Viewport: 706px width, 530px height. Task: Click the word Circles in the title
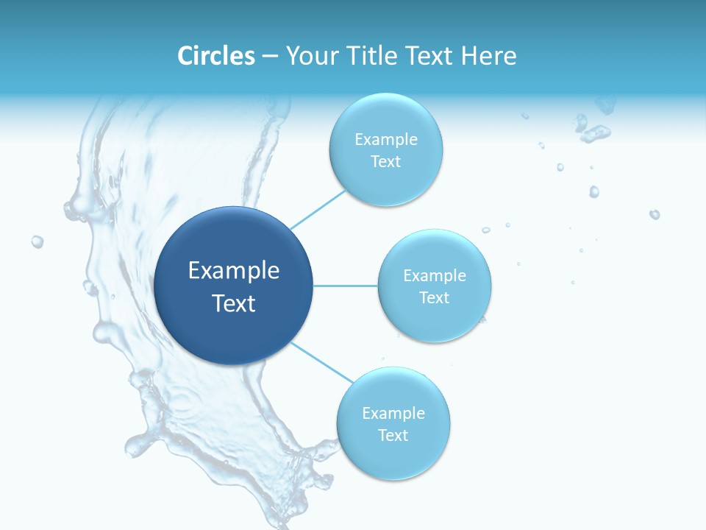click(x=215, y=56)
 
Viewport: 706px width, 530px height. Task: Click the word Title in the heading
click(x=363, y=56)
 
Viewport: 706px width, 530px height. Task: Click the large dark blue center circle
click(x=234, y=286)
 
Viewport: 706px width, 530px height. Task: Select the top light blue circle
click(x=385, y=149)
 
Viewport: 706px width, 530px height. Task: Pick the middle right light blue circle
click(x=435, y=286)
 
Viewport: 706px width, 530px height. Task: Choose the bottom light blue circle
click(x=393, y=423)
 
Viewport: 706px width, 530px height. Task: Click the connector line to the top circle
click(x=318, y=209)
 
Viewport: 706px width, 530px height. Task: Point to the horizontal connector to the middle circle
click(x=345, y=286)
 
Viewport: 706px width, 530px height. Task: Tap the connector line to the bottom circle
click(x=321, y=361)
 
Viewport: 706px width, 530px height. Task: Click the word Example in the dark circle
click(x=234, y=271)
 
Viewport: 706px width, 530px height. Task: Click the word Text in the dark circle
click(x=234, y=303)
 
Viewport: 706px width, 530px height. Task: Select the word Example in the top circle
click(x=385, y=139)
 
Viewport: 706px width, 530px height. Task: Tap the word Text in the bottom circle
click(x=393, y=435)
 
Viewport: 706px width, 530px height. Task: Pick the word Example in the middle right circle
click(x=435, y=275)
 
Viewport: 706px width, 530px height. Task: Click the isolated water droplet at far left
click(x=37, y=241)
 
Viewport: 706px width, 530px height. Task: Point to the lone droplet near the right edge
click(x=654, y=214)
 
